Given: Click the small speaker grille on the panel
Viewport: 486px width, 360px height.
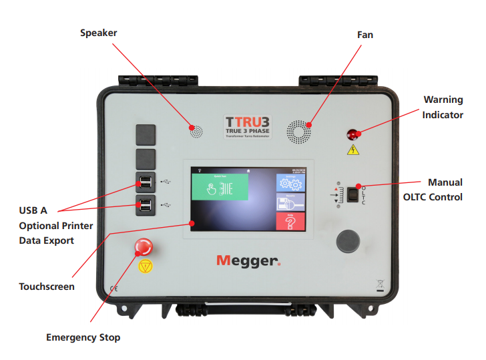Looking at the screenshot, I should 195,130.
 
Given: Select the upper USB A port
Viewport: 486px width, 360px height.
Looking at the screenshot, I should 146,182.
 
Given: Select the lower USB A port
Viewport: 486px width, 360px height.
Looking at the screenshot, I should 146,204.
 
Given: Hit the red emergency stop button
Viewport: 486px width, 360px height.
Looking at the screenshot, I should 144,247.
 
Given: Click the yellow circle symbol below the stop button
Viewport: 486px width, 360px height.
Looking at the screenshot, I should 144,267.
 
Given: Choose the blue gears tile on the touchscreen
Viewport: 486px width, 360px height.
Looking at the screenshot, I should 290,184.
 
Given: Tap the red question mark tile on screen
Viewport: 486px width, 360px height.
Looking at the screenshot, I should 290,220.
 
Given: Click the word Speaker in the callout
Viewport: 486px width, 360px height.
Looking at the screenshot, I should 99,33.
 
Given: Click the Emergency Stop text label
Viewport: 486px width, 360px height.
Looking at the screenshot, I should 83,337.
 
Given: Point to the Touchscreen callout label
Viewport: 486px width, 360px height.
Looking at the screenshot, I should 47,287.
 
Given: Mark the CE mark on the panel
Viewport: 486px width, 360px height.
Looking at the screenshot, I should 114,289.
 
